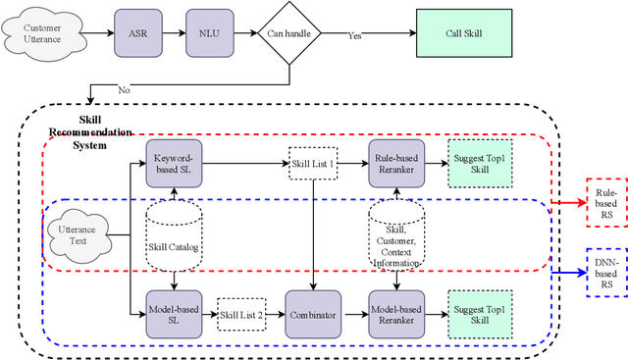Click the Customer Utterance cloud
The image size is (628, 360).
(41, 33)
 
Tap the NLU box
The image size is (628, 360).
(209, 32)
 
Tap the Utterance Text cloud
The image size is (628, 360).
(78, 235)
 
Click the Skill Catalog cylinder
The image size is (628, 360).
(174, 235)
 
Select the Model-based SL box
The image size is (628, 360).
(175, 313)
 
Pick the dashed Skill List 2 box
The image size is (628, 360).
(242, 314)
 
